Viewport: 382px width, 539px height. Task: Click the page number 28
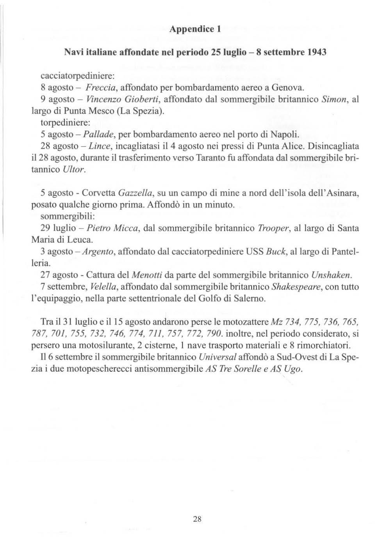pyautogui.click(x=197, y=519)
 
